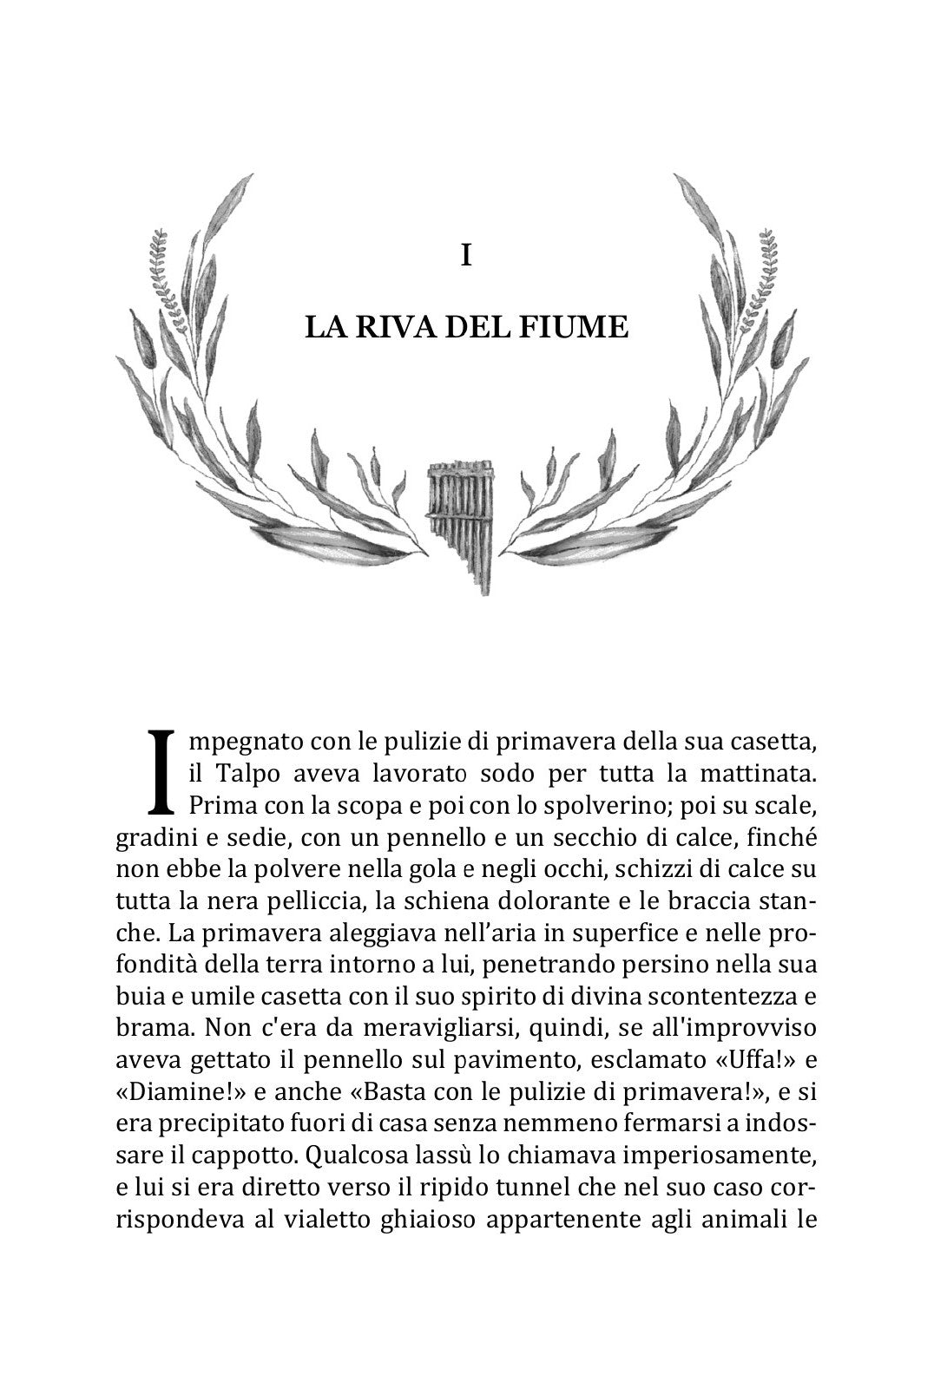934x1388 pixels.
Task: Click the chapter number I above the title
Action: tap(467, 256)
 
